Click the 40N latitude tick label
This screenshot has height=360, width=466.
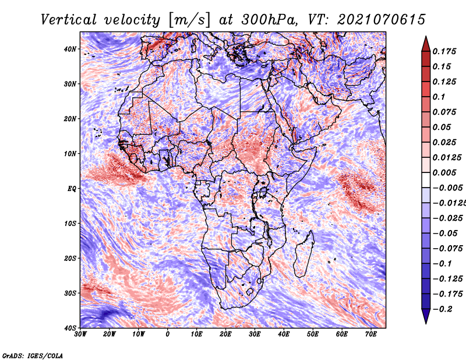[70, 49]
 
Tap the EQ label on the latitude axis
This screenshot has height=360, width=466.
[72, 189]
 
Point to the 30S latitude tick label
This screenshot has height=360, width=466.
[70, 294]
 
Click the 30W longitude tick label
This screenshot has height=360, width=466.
[80, 334]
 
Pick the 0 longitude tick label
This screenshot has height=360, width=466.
[168, 334]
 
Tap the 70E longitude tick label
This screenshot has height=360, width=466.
[370, 334]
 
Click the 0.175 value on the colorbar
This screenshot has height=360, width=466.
[444, 51]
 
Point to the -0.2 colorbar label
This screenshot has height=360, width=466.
[443, 309]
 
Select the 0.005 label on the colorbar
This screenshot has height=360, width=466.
[444, 172]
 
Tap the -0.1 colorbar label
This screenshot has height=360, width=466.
[443, 264]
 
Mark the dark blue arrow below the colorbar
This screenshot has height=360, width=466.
[426, 315]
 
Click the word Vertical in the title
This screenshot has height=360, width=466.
[69, 20]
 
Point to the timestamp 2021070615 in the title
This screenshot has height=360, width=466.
[382, 20]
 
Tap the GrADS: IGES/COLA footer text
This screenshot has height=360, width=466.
[33, 355]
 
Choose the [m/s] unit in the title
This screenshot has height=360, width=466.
[190, 20]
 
